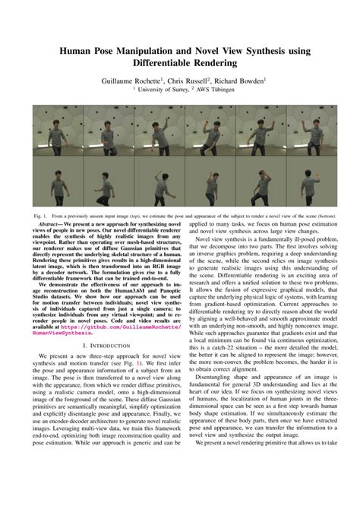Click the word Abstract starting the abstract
(x=49, y=225)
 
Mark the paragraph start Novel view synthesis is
(x=228, y=239)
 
